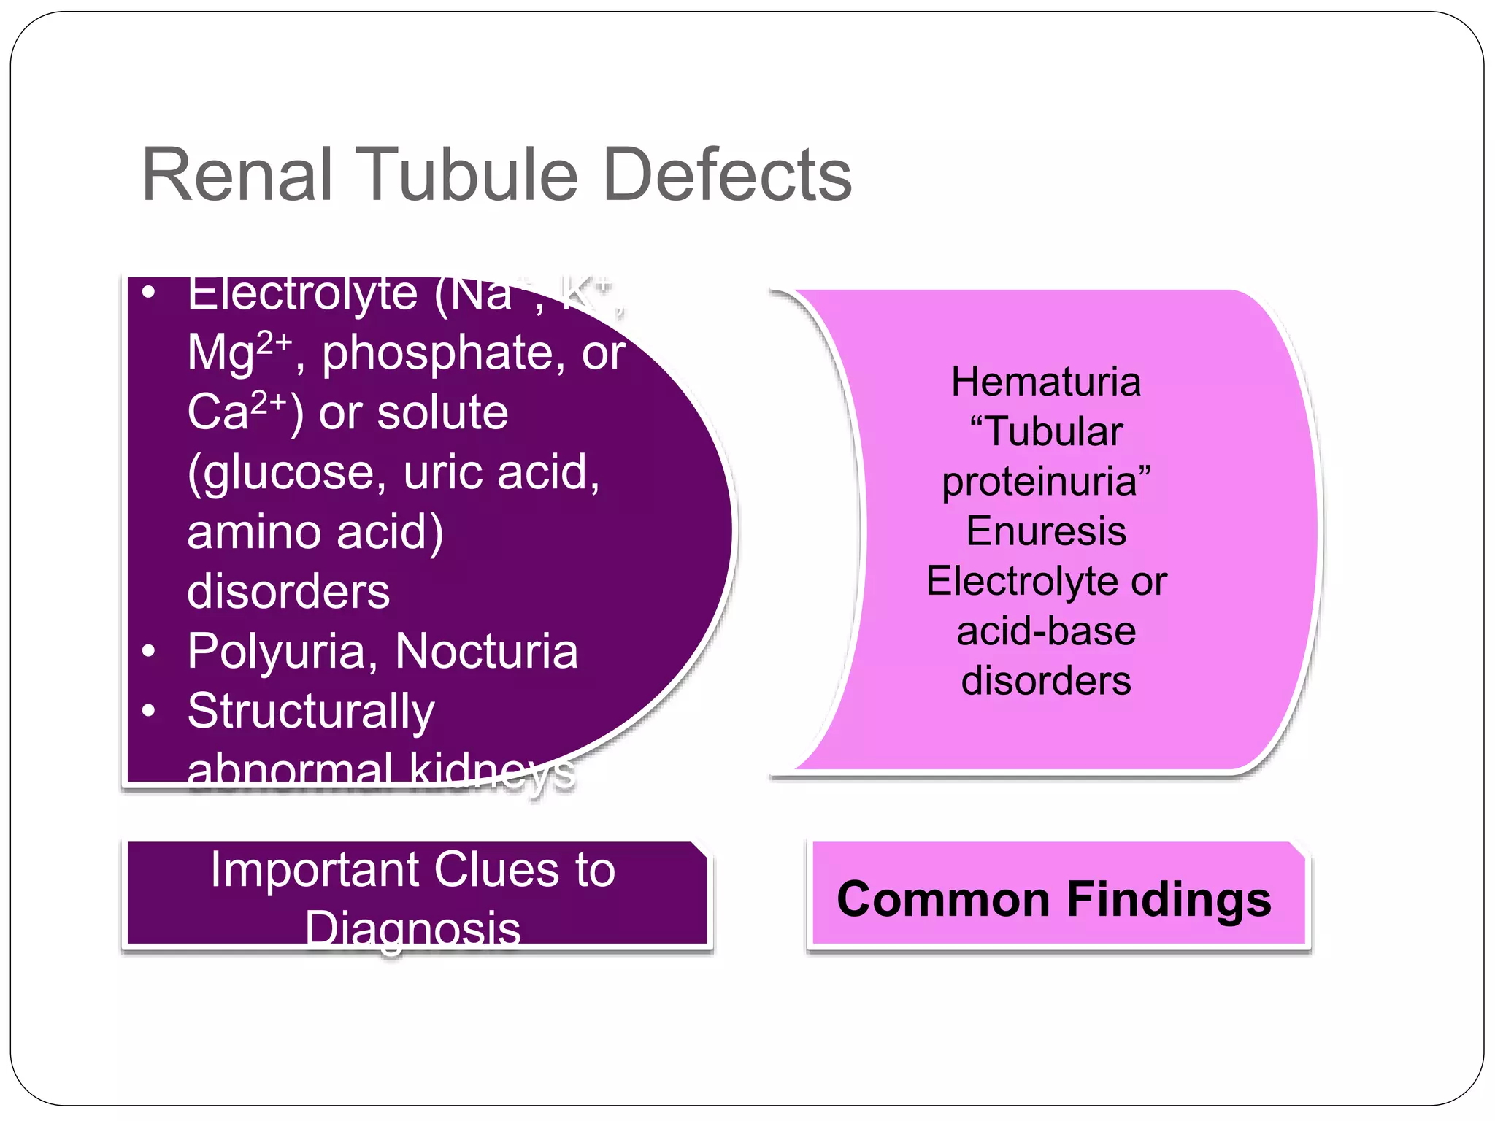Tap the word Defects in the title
pyautogui.click(x=728, y=175)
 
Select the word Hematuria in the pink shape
pyautogui.click(x=1045, y=382)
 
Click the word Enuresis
pyautogui.click(x=1045, y=531)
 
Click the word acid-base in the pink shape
pyautogui.click(x=1045, y=631)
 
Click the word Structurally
pyautogui.click(x=311, y=712)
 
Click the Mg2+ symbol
pyautogui.click(x=239, y=352)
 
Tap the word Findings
pyautogui.click(x=1169, y=899)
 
